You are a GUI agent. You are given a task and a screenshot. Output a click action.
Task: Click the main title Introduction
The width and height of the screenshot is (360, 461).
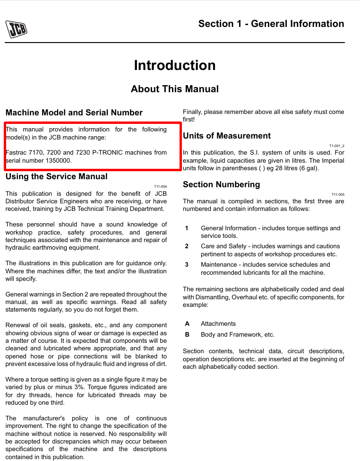175,65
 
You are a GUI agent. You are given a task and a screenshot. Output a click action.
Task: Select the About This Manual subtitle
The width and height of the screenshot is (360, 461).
175,89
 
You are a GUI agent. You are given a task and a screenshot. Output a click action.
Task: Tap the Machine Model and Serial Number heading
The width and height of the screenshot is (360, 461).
74,113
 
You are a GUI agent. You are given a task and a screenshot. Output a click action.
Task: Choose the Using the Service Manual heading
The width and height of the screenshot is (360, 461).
56,176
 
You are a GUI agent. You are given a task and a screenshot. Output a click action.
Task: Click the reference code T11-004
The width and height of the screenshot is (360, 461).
161,187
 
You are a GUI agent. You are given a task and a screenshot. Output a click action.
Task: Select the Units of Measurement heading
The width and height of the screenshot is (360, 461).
227,136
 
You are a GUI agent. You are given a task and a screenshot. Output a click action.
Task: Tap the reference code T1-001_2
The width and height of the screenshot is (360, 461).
337,146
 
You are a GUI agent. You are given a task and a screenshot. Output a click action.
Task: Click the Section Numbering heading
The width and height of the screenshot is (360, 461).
222,184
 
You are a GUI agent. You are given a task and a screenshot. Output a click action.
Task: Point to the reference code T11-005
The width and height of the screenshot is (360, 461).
338,194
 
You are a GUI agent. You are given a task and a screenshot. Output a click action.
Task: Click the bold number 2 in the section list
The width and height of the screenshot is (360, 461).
187,246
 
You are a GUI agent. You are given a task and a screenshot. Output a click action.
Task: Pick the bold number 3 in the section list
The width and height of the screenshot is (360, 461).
187,265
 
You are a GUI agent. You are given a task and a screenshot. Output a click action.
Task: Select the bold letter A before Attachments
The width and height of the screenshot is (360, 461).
187,324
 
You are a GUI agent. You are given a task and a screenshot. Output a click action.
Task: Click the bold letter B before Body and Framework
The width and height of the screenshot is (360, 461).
187,335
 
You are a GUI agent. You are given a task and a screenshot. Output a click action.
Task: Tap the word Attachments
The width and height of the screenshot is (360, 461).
218,324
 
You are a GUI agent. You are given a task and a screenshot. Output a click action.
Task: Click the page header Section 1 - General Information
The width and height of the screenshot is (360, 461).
271,24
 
